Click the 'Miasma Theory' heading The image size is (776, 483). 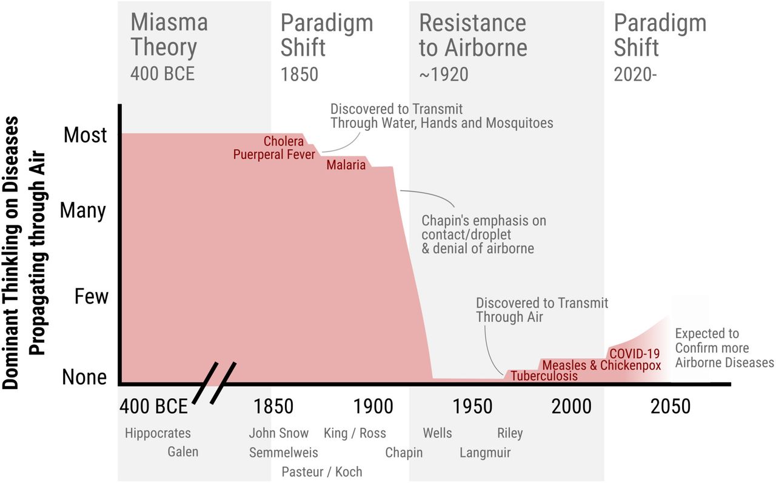[169, 35]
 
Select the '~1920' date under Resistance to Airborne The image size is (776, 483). [444, 74]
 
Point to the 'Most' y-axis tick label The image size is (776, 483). [85, 135]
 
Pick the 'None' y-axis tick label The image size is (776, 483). [84, 377]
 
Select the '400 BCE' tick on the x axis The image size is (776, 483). [153, 406]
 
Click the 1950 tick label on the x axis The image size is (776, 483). [473, 406]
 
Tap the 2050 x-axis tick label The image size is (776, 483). [671, 406]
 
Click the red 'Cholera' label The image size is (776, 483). [284, 141]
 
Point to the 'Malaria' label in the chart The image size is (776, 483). [346, 164]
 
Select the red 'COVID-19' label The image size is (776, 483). [634, 353]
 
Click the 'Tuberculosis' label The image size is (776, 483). [544, 376]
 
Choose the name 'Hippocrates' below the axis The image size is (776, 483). [158, 433]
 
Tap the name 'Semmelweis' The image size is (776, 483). [283, 453]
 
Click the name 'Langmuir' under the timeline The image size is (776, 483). [485, 453]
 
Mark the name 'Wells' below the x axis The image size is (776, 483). [437, 433]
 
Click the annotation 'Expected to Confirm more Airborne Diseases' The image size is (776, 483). [724, 348]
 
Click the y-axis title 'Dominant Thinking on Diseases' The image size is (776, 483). [13, 251]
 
